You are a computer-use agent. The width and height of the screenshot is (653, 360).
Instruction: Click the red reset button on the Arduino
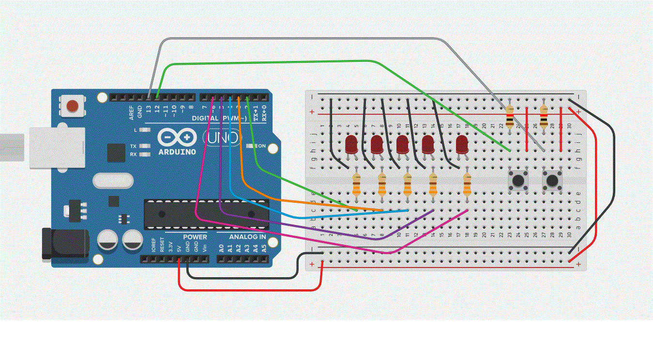pyautogui.click(x=73, y=105)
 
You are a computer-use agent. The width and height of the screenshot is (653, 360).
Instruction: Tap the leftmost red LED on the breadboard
pyautogui.click(x=351, y=144)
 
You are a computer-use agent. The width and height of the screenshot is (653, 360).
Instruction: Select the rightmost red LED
pyautogui.click(x=462, y=143)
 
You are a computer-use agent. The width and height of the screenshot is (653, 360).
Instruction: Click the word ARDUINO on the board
pyautogui.click(x=177, y=152)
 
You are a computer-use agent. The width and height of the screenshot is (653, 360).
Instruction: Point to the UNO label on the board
pyautogui.click(x=223, y=138)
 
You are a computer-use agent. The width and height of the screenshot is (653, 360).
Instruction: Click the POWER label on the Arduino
pyautogui.click(x=195, y=237)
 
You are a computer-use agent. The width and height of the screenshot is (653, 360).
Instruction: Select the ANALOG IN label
pyautogui.click(x=247, y=237)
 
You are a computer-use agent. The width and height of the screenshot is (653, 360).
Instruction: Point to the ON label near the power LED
pyautogui.click(x=261, y=146)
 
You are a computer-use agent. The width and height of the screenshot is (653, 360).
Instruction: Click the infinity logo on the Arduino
pyautogui.click(x=177, y=138)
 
